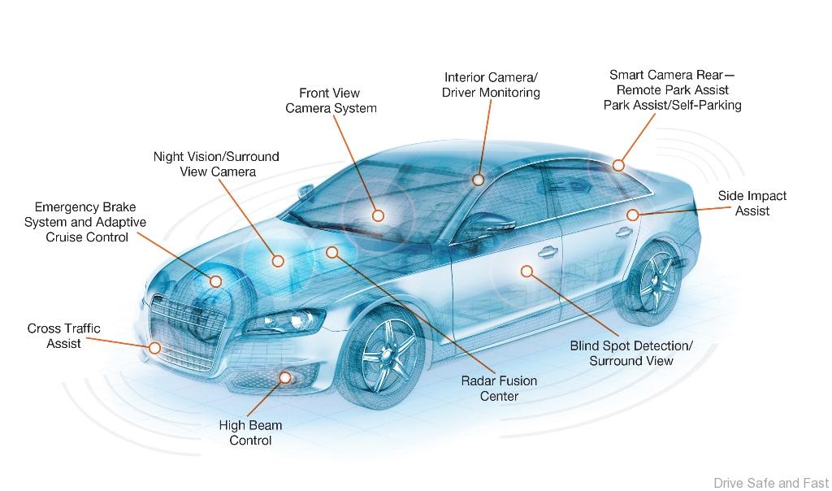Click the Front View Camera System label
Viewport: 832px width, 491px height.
point(331,101)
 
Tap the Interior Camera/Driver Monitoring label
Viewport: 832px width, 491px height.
point(491,85)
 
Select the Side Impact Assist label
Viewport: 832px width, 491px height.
point(752,203)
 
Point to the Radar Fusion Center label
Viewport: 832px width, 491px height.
point(499,389)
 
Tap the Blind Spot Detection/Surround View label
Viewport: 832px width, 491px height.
point(631,353)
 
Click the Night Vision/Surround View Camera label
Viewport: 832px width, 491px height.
point(216,163)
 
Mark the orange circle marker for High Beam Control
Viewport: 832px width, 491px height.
point(285,376)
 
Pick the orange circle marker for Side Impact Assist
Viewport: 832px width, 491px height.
point(633,215)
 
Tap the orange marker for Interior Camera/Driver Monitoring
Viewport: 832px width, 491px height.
point(478,180)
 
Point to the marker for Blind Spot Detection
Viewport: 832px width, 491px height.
point(526,271)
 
